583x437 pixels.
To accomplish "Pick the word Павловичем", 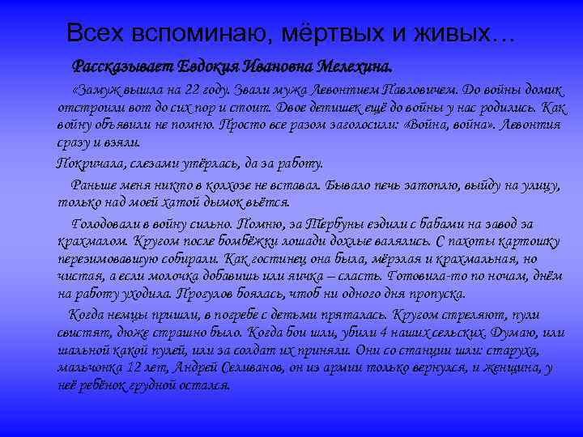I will (x=415, y=91).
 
